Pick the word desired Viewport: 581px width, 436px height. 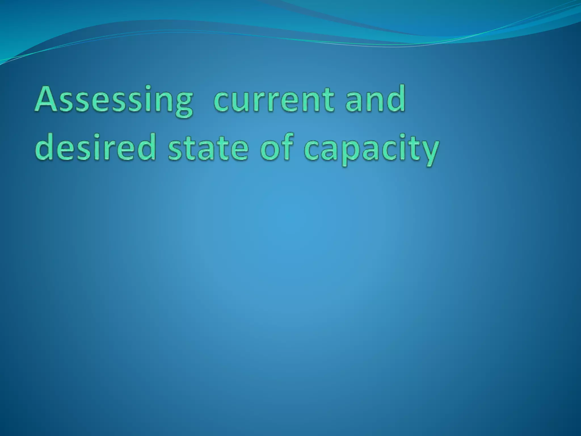95,149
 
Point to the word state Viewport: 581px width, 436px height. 208,149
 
